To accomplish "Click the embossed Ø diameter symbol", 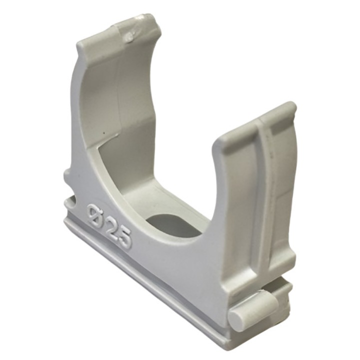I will [95, 213].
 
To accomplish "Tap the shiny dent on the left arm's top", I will [131, 35].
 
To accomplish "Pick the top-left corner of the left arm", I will [80, 44].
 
